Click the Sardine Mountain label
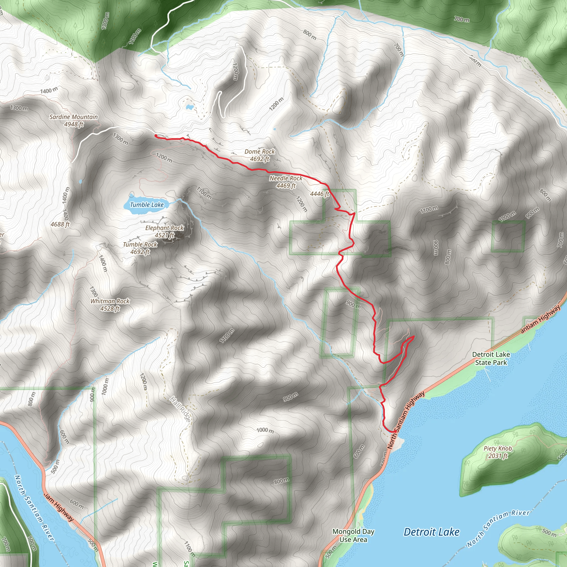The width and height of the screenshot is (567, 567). coord(73,117)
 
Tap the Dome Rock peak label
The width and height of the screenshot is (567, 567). coord(259,151)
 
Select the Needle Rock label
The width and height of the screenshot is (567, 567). coord(285,178)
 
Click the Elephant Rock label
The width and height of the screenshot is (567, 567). coord(164,228)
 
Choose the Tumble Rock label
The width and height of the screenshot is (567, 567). coord(140,244)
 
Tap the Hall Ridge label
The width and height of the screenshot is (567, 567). coord(180,409)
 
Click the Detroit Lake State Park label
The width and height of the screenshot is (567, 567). coord(491,358)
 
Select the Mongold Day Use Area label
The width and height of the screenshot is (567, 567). coord(353,535)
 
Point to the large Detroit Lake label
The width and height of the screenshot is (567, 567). coord(431,532)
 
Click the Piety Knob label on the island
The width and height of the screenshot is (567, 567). coord(498,449)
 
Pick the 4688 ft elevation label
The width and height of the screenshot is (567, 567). coord(60,224)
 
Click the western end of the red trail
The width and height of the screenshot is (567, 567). coord(156,135)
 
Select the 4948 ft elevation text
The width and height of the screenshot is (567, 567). coord(74,124)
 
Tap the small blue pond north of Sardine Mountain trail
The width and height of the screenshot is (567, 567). coord(189,107)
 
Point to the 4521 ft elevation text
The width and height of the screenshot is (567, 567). coord(164,235)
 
